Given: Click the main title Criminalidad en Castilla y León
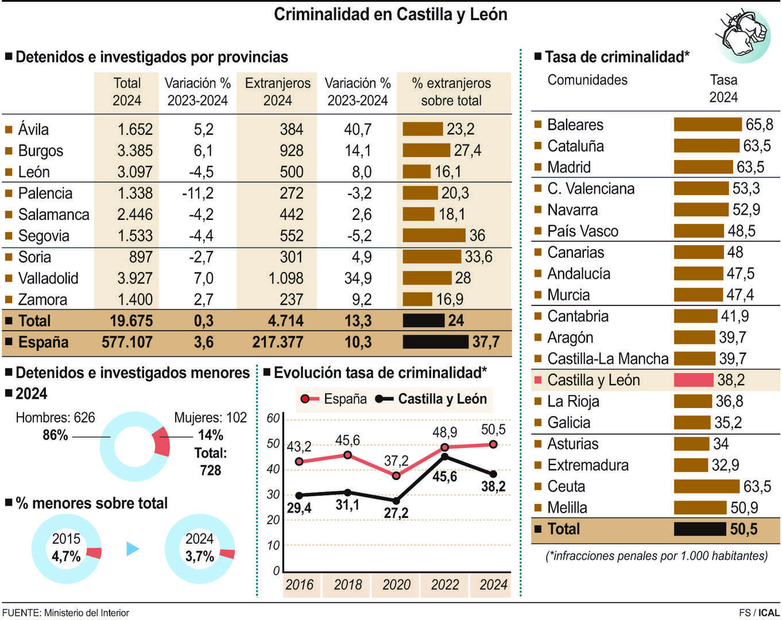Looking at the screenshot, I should tap(390, 14).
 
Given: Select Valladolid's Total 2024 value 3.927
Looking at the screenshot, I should tap(135, 278).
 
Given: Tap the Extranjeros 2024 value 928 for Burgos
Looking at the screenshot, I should tap(291, 151).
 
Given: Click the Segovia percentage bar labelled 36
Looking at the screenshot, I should tap(433, 235).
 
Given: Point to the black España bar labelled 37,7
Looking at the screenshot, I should tap(435, 342).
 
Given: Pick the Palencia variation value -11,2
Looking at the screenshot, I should tap(198, 193).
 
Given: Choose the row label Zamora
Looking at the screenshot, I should tap(42, 300).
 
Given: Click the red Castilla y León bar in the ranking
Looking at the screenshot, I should tap(693, 380).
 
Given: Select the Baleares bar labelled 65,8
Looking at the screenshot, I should tap(707, 125).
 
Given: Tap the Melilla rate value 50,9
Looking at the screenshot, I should tap(744, 508).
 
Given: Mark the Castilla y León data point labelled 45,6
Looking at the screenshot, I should tap(444, 457).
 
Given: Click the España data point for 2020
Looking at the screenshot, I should tap(396, 475).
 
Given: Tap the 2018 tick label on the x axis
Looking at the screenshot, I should tap(347, 585).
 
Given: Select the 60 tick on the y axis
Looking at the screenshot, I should tap(273, 418).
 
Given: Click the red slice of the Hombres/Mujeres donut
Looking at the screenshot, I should tap(162, 443).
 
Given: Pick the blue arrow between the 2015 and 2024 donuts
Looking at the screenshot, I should tap(133, 549).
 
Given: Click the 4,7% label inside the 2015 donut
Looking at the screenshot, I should tap(66, 556).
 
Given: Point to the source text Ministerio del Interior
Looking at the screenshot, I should tap(86, 613).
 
